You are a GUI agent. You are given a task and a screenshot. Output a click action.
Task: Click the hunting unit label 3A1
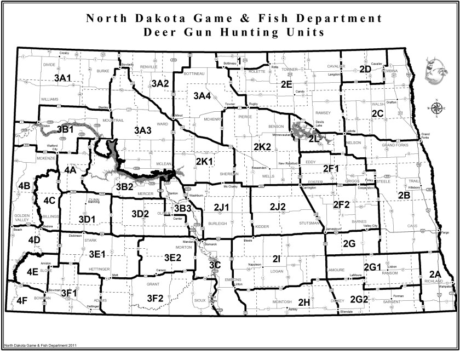point(64,79)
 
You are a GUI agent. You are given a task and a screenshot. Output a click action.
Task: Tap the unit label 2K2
point(262,147)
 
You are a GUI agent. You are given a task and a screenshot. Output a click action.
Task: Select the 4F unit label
point(22,300)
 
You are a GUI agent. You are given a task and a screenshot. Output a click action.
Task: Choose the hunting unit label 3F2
point(156,298)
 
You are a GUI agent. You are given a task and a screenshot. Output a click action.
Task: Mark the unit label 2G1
point(373,267)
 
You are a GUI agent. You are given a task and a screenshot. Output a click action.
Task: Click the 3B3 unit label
point(182,208)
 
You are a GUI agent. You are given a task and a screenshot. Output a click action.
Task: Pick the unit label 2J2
point(278,207)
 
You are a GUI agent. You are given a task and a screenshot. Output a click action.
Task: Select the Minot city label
point(178,116)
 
